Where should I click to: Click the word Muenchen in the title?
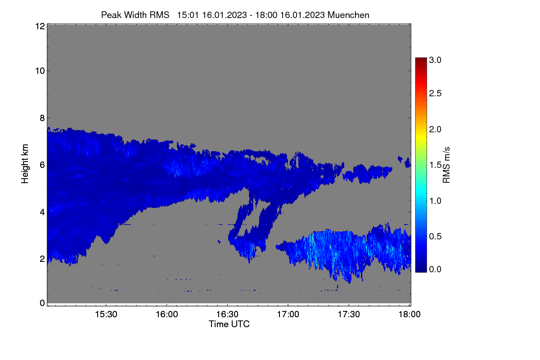348,15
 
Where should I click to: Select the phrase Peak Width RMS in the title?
135,15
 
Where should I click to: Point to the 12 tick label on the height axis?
40,26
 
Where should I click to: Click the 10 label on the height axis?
40,71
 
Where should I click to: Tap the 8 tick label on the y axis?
42,118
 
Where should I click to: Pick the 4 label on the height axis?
42,212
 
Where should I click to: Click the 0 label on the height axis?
42,303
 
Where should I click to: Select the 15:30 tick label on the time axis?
106,315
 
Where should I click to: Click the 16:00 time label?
167,315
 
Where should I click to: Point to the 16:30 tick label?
227,315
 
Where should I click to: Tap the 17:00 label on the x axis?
288,315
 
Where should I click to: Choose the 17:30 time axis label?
349,315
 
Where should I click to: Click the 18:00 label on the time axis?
409,315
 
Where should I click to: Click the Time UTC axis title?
229,324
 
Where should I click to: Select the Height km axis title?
25,164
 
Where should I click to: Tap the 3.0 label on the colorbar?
435,60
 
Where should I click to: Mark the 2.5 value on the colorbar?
435,93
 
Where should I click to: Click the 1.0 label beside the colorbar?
435,201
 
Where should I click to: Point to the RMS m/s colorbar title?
446,165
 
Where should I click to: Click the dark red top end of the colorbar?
421,58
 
